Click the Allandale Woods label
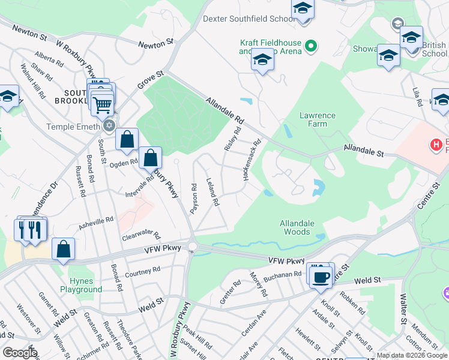click(297, 227)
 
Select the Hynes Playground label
click(81, 285)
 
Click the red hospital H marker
click(436, 145)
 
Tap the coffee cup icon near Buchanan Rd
click(322, 276)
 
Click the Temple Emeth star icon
click(109, 126)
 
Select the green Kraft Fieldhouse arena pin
click(311, 45)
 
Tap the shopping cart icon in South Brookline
click(102, 104)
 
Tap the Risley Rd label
click(232, 139)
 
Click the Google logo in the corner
click(19, 352)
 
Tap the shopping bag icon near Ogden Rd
click(127, 140)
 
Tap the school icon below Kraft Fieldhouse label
click(262, 61)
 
